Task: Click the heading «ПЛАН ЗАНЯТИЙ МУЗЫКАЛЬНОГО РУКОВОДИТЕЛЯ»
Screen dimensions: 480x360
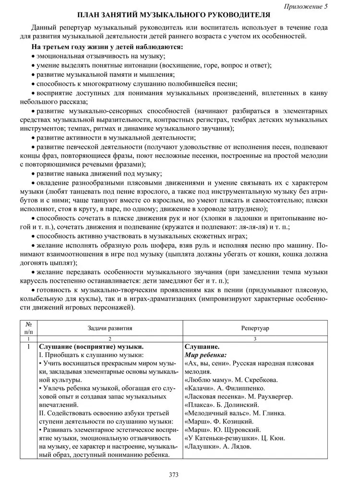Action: point(180,16)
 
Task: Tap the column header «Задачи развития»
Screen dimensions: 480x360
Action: point(110,328)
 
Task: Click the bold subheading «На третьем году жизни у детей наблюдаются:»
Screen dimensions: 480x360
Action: point(107,47)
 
